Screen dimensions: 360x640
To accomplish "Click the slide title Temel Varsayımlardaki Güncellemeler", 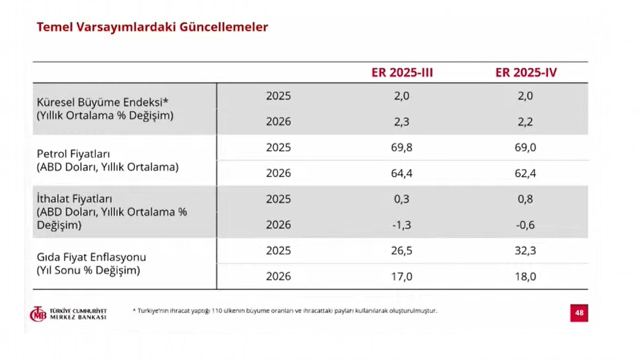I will point(152,27).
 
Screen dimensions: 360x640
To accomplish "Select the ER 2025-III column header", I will point(402,72).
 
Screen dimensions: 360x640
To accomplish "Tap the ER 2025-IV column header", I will point(526,72).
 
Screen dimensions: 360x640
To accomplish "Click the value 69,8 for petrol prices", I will point(402,147).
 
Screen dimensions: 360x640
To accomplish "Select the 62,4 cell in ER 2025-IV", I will point(525,173).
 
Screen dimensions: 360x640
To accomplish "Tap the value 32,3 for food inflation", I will point(525,250).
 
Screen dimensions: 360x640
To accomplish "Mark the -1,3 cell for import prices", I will point(401,225).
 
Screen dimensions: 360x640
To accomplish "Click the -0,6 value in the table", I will point(525,225).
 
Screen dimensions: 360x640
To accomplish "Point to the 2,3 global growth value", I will point(402,121).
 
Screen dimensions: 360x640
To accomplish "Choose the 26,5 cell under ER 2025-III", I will point(402,250).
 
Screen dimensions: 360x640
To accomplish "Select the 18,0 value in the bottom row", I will point(525,276).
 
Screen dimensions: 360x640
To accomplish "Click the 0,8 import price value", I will point(525,199).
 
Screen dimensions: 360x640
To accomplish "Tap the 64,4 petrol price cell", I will point(402,173).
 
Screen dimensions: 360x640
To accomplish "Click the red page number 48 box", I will point(579,313).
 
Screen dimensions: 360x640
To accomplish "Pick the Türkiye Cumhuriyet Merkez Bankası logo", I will point(68,314).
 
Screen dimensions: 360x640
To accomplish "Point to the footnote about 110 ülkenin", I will point(285,310).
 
